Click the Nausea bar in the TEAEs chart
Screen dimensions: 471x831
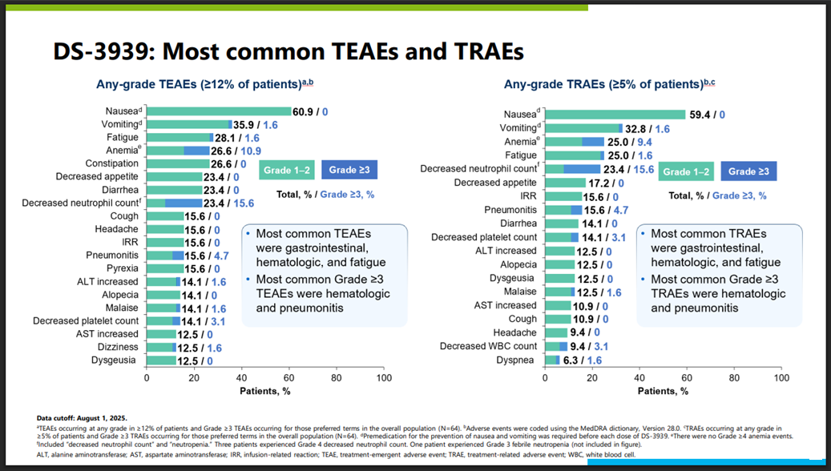(x=218, y=111)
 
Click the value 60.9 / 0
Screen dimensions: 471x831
(x=313, y=111)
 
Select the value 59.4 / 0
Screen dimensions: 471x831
(x=707, y=115)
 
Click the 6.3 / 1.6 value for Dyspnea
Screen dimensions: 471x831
(x=581, y=360)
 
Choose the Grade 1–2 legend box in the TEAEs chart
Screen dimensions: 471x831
(x=286, y=171)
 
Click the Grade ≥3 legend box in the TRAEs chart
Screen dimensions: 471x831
(x=748, y=171)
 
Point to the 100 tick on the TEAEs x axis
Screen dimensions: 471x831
(x=384, y=377)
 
